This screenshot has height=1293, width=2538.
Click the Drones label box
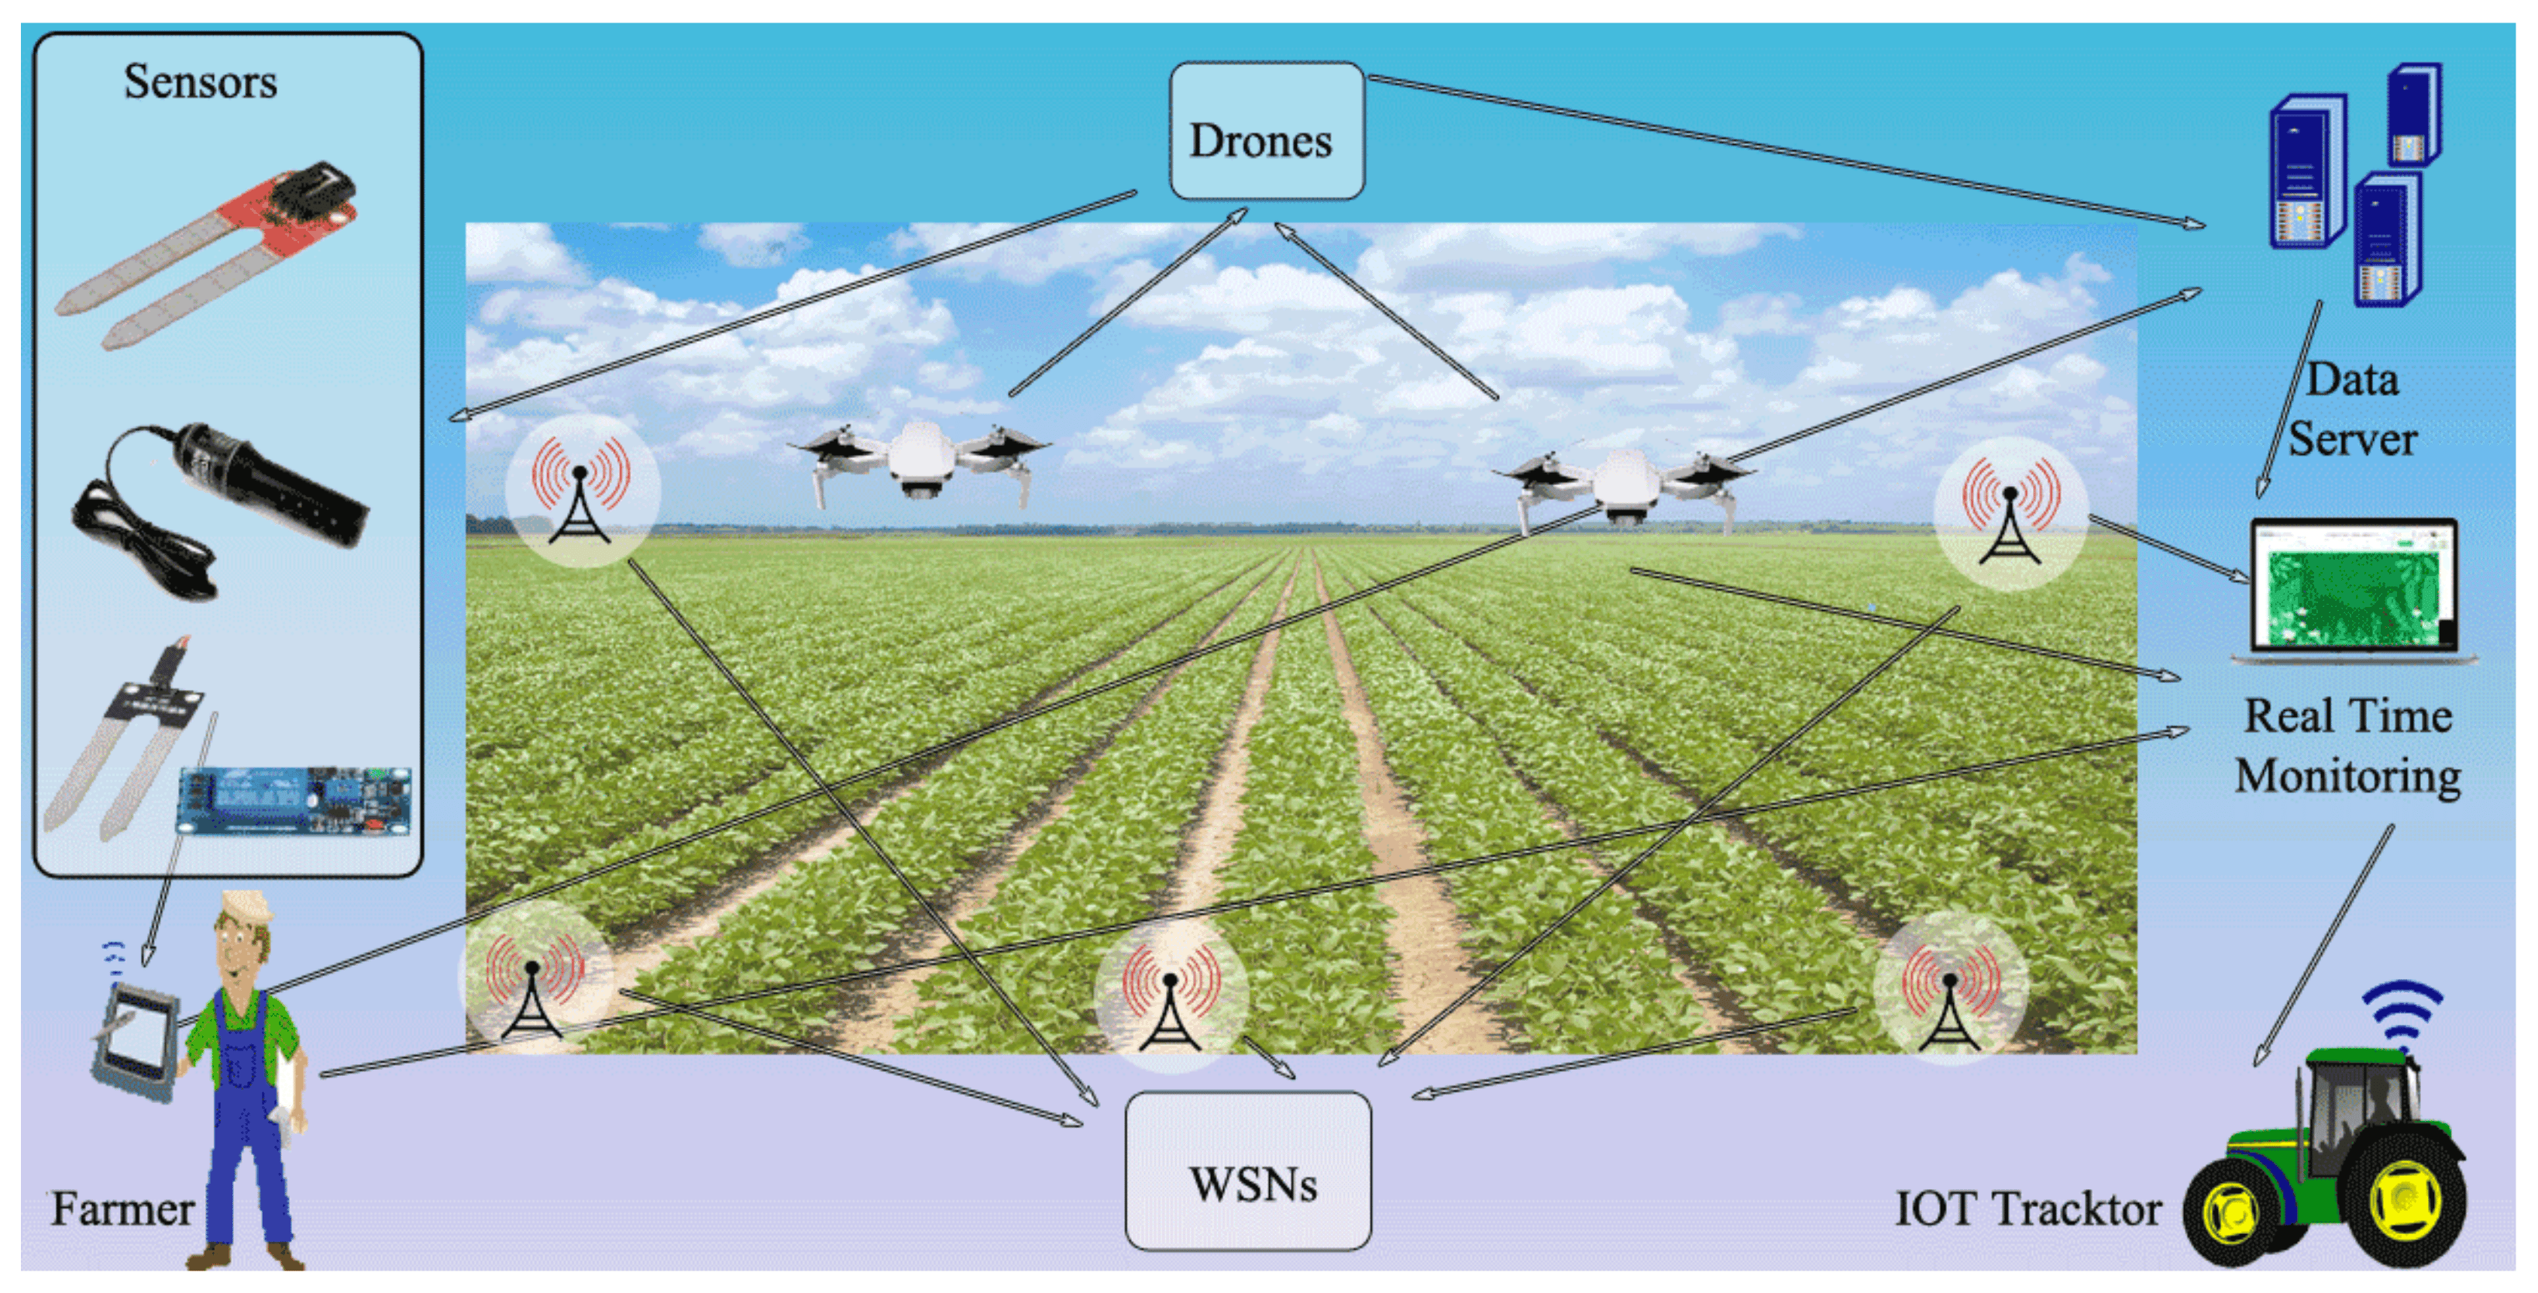click(x=1266, y=132)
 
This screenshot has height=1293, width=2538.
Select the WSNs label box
click(x=1248, y=1171)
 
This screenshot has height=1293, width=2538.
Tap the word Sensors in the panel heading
click(x=200, y=82)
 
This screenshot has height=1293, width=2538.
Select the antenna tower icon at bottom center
click(x=1171, y=996)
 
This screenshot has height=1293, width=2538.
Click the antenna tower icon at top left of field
click(x=581, y=491)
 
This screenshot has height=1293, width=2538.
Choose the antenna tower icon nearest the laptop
click(x=2010, y=513)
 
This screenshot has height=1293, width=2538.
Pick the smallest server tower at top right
click(x=2414, y=113)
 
